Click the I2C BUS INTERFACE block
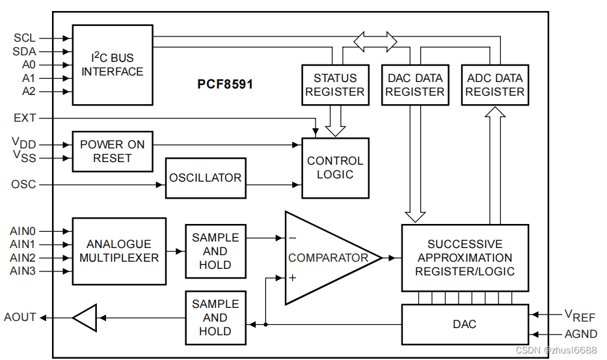pos(113,64)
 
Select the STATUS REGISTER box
pos(335,85)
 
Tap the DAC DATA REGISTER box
pos(414,85)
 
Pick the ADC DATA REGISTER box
pos(494,85)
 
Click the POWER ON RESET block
pos(113,151)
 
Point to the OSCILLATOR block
pos(206,178)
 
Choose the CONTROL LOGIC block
pos(335,168)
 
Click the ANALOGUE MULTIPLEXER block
pos(119,251)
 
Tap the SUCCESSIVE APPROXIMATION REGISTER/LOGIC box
pos(465,258)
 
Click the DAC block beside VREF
pos(465,324)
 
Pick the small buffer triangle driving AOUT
pos(85,318)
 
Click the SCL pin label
pos(24,38)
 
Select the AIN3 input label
pos(23,271)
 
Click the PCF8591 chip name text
pos(225,85)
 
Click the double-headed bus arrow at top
pos(375,40)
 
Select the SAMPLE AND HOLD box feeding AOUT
pos(215,318)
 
